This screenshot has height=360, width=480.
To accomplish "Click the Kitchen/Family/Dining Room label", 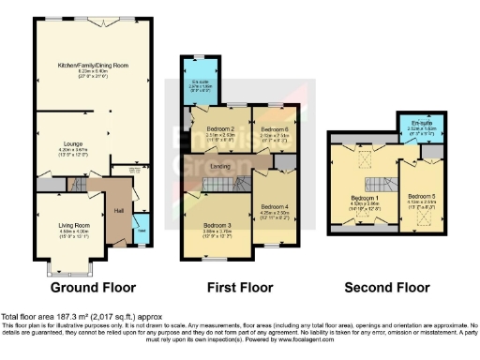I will [92, 66].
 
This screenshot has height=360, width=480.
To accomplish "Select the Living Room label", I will [62, 225].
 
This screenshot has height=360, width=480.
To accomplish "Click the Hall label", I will [119, 211].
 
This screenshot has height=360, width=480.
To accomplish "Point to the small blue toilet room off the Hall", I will [140, 230].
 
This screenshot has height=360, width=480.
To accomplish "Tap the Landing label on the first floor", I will [247, 167].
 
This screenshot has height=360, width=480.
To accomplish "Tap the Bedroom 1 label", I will [365, 199].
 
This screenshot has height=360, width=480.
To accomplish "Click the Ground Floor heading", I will [93, 287].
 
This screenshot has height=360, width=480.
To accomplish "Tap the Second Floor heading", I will [382, 287].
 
